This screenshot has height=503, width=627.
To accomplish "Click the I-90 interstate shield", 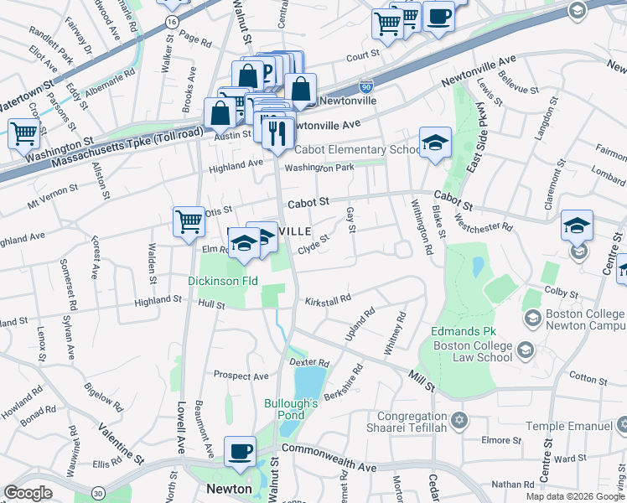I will coord(365,86).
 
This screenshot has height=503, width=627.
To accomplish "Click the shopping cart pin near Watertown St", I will coord(24,132).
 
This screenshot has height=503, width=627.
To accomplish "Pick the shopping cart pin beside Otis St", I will coord(189,221).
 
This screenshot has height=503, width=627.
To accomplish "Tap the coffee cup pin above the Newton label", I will coord(241,450).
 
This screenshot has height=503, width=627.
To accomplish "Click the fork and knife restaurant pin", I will coord(277,132).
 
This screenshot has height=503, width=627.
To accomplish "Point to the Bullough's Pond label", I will coord(290,410).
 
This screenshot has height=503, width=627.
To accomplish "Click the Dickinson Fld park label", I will coord(222,281).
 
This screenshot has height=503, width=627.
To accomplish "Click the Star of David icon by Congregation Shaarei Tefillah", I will coord(459,418).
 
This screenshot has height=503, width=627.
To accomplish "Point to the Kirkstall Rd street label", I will coord(327,299).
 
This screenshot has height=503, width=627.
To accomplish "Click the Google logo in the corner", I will coord(28,493).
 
